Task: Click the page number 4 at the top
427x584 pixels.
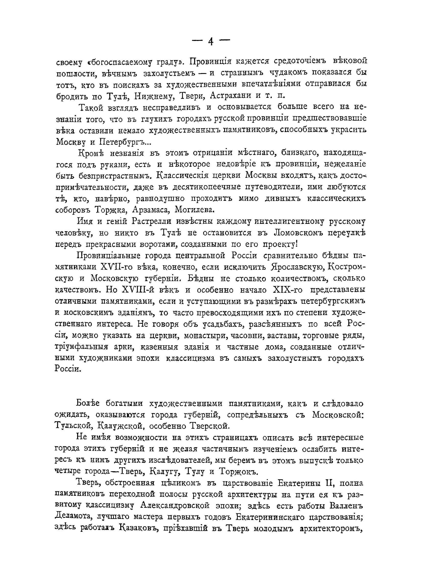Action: (x=211, y=41)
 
